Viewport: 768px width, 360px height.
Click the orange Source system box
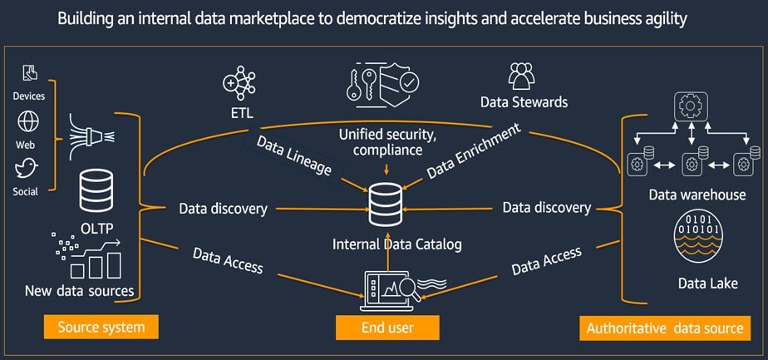click(x=101, y=327)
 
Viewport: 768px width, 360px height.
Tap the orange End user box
click(x=386, y=328)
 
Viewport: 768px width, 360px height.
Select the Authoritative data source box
click(x=665, y=328)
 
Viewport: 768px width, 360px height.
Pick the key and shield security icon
click(x=383, y=87)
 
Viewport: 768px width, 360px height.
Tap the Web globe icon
click(x=28, y=122)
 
